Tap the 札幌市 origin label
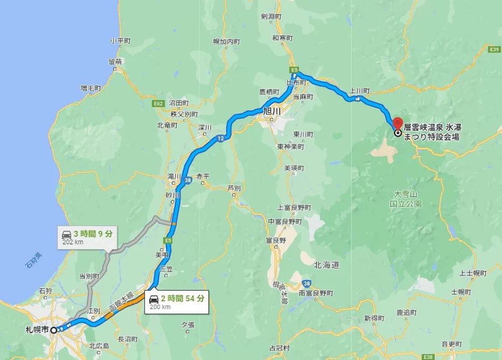[37, 329]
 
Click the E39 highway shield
[494, 50]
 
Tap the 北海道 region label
[326, 265]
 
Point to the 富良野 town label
[275, 241]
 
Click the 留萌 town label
[114, 62]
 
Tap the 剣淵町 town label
[271, 17]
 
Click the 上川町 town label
[359, 91]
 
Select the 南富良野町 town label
[316, 293]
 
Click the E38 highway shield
[428, 357]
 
